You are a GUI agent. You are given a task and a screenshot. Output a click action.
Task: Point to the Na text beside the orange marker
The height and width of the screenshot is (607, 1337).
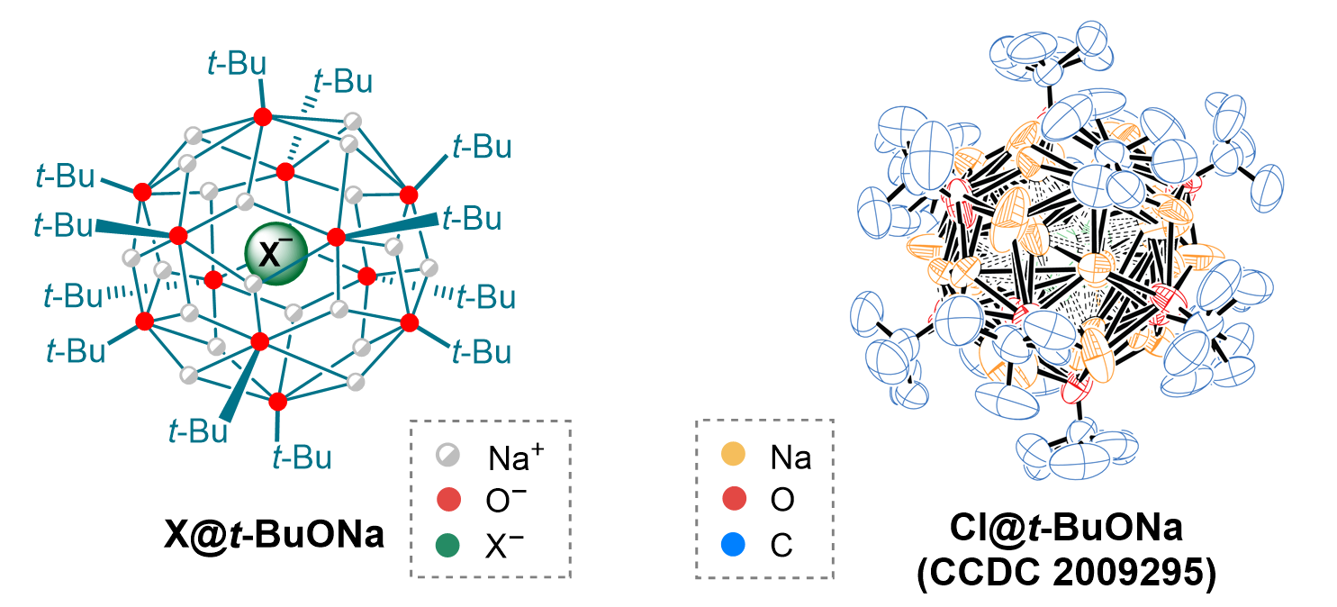click(x=790, y=458)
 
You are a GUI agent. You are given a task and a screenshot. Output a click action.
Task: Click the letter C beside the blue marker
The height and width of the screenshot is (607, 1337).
click(x=781, y=544)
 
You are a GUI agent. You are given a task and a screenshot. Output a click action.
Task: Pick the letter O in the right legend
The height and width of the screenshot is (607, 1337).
click(x=782, y=501)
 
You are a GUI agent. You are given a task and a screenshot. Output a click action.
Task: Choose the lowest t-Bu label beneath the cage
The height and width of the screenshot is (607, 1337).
click(x=301, y=458)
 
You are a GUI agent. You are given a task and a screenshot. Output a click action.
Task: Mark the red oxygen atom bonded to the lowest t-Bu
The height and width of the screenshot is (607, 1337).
click(x=277, y=400)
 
